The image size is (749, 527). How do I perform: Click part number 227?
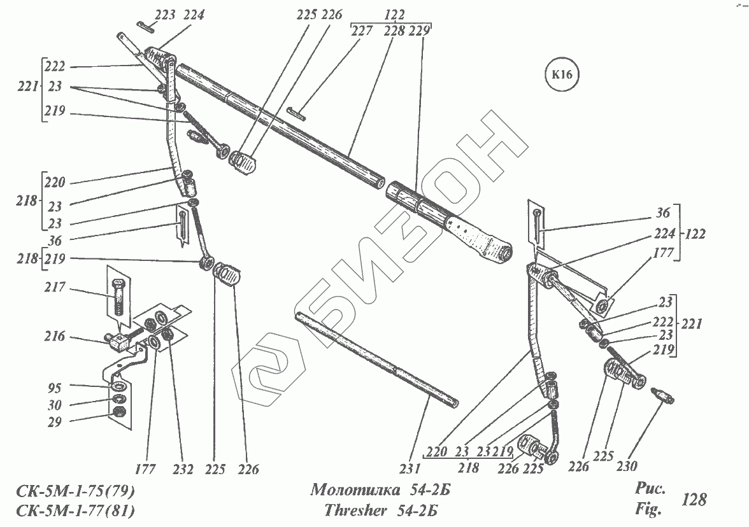pos(362,31)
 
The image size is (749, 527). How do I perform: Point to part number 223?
pos(164,15)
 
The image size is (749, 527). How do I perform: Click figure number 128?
pos(693,499)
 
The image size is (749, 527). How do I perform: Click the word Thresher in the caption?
pos(352,510)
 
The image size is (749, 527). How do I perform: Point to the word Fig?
pos(649,509)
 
